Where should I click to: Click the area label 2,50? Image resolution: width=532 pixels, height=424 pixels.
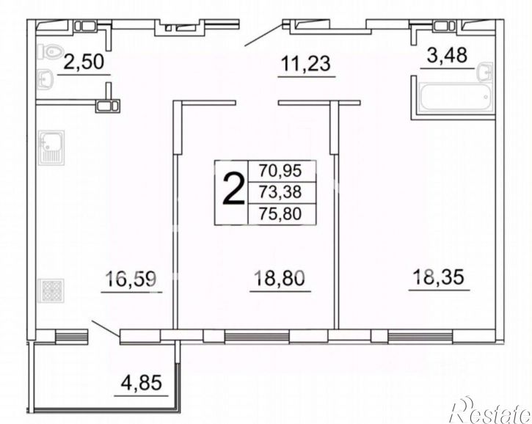point(84,62)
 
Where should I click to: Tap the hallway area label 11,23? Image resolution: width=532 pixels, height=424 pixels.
point(306,64)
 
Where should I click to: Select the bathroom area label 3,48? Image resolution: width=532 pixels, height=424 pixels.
point(447,55)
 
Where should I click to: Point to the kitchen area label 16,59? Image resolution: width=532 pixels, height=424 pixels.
point(131,279)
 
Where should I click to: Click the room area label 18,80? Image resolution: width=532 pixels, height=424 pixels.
point(280,278)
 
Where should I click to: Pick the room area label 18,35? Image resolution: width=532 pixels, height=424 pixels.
point(438,277)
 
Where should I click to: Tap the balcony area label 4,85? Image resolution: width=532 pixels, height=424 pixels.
point(142,384)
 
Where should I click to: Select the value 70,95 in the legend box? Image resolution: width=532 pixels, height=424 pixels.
point(280,171)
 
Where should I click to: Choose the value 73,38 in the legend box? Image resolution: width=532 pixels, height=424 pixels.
point(280,192)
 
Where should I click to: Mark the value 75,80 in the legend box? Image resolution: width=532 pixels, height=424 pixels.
point(280,213)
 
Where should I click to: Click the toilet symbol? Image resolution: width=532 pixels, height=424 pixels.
point(50,52)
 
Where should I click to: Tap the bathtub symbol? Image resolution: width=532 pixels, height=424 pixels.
point(456,97)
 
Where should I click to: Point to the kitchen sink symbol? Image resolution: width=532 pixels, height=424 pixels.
point(51,147)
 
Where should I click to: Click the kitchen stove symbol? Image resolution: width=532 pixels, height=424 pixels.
point(51,290)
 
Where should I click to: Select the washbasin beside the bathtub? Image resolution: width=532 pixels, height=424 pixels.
point(484,72)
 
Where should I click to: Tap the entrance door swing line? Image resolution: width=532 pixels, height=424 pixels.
point(263,35)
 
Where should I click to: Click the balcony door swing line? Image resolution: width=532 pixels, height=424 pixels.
point(106,328)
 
